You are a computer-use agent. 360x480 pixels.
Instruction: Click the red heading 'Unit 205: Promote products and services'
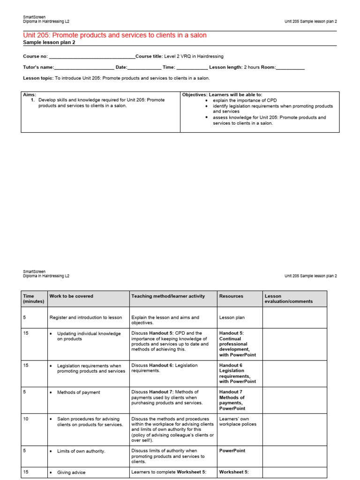[114, 36]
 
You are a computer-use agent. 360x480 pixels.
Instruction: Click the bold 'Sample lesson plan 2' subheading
[49, 43]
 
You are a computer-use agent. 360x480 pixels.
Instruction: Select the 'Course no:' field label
[35, 56]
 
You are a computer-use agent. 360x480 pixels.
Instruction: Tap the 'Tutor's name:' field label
[38, 67]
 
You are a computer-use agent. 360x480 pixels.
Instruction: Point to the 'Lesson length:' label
[225, 67]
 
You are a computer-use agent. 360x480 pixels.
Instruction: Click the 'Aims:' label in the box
[30, 95]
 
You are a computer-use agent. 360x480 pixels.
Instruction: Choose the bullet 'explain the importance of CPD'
[245, 100]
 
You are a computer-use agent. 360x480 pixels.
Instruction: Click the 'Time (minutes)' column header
[33, 299]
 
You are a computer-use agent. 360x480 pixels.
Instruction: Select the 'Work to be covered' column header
[71, 296]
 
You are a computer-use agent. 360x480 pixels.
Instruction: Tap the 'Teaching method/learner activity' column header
[168, 296]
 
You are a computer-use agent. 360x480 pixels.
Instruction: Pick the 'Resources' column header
[231, 296]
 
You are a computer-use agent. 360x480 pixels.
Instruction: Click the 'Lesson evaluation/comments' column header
[288, 299]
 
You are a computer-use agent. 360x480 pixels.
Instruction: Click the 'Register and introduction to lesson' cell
[86, 317]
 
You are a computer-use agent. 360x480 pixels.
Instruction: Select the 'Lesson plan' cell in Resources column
[232, 317]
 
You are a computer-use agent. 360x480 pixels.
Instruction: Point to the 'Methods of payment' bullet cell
[78, 392]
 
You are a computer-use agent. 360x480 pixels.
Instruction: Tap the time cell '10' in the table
[26, 419]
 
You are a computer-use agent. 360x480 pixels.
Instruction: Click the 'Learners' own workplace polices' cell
[238, 421]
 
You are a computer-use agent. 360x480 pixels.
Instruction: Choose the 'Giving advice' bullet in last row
[71, 472]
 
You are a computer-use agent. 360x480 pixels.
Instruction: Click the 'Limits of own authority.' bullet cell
[81, 451]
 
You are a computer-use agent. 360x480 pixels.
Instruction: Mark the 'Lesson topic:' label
[38, 78]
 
